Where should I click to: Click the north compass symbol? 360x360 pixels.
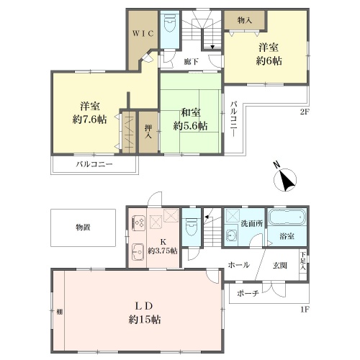coord(284,179)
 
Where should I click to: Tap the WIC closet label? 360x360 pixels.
coord(143,34)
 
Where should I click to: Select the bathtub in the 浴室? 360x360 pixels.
coord(287,217)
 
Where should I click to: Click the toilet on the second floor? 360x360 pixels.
coord(170,25)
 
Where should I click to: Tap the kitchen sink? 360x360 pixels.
coord(138,251)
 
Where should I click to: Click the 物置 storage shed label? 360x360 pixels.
coord(83,227)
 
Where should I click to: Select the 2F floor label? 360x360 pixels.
coord(305,112)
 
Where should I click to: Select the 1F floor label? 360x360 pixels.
coord(305,310)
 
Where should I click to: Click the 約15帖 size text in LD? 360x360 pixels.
coord(145,320)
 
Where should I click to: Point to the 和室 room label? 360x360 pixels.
coord(191,112)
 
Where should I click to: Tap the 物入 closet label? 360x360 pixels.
coord(245,20)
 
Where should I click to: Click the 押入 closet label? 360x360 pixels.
coord(148,132)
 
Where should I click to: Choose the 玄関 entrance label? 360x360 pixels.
coord(280,266)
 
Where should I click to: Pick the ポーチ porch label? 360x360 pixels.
coord(248,293)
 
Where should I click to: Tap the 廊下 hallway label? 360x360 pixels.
coord(192,62)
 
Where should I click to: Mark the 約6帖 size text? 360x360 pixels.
coord(269,61)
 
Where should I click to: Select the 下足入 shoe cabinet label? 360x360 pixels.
coord(303,261)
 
